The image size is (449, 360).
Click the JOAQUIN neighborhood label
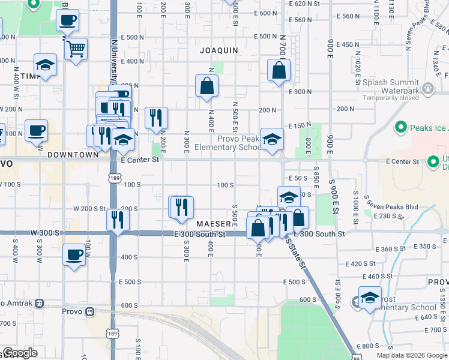pyautogui.click(x=219, y=50)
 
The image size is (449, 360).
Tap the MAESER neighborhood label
pyautogui.click(x=213, y=223)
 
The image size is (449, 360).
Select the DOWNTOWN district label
pyautogui.click(x=73, y=154)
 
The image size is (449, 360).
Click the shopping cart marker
pyautogui.click(x=76, y=49)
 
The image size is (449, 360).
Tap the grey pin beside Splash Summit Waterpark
pyautogui.click(x=428, y=89)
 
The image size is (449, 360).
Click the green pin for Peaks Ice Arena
pyautogui.click(x=400, y=127)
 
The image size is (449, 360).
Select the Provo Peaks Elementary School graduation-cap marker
pyautogui.click(x=272, y=140)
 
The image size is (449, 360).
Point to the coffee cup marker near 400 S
pyautogui.click(x=74, y=254)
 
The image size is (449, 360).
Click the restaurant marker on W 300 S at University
pyautogui.click(x=118, y=220)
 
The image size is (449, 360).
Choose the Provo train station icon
pyautogui.click(x=89, y=311)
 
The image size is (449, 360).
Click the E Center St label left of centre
pyautogui.click(x=140, y=160)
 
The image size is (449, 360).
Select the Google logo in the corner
pyautogui.click(x=20, y=353)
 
